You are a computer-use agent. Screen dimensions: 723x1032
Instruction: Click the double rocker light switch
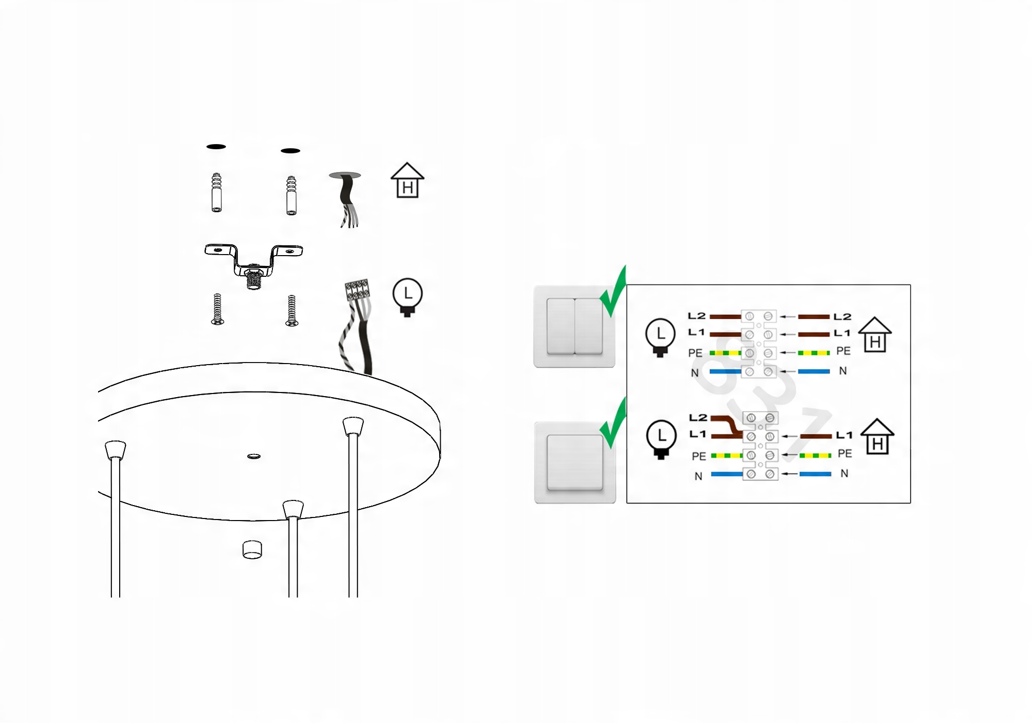tap(574, 326)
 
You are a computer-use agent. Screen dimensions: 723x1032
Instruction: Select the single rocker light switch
tap(575, 462)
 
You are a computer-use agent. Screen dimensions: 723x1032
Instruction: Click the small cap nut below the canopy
tap(252, 549)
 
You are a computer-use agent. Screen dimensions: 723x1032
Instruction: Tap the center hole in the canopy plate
tap(254, 456)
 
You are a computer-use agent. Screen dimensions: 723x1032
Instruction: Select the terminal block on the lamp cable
tap(358, 290)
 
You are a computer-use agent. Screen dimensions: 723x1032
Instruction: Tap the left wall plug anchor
tap(217, 193)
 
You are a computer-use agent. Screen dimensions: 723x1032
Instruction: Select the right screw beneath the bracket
tap(292, 310)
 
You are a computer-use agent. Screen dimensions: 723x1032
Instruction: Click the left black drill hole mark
tap(216, 147)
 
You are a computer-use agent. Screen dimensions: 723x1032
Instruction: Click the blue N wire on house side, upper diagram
tap(814, 371)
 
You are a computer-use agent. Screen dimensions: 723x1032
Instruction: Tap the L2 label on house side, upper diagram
tap(842, 317)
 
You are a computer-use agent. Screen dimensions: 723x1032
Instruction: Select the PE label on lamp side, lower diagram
tap(699, 456)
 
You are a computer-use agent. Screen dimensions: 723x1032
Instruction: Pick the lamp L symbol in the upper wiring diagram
tap(660, 337)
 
